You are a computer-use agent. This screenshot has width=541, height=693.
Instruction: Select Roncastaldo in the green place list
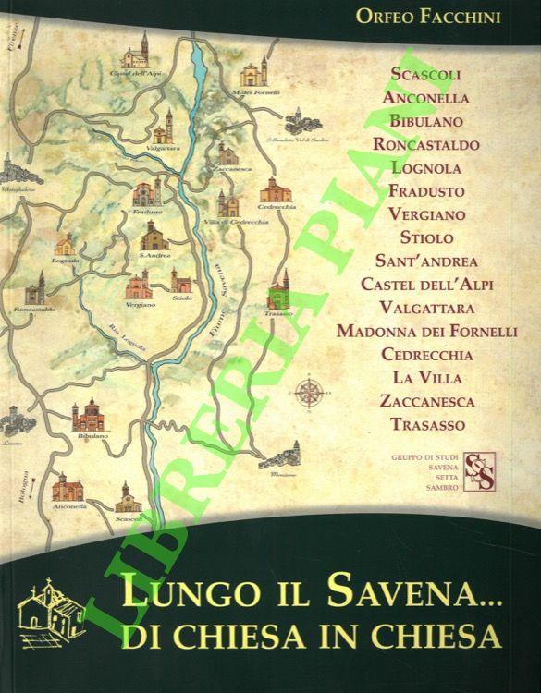click(x=426, y=144)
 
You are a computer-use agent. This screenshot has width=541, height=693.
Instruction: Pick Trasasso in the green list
click(x=426, y=424)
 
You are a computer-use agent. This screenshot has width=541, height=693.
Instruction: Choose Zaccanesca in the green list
click(x=426, y=401)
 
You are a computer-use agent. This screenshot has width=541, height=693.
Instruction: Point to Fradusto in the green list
click(x=426, y=191)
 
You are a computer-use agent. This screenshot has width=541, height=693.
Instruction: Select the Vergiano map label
click(x=141, y=304)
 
